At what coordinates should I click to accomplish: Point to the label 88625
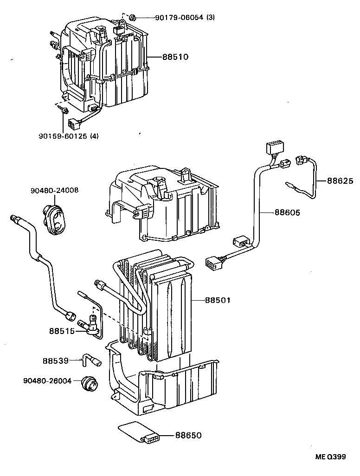coord(340,180)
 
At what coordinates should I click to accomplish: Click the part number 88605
coord(287,212)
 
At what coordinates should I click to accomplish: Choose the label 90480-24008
coord(54,190)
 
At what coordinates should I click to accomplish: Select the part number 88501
coord(218,300)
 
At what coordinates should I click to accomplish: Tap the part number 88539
coord(56,360)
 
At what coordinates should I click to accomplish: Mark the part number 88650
coord(188,435)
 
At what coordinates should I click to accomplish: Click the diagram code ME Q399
coord(331,457)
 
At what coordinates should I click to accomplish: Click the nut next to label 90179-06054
coord(132,18)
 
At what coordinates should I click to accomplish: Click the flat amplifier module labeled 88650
coord(139,433)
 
